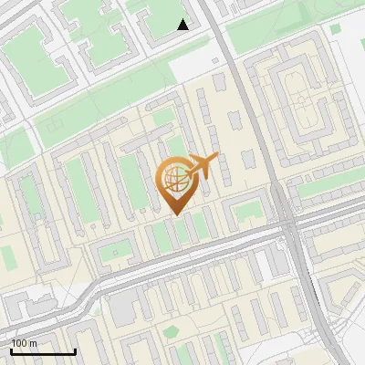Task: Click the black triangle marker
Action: tap(183, 25)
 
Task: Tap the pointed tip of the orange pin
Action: tap(173, 214)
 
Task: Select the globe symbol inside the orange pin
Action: tap(173, 181)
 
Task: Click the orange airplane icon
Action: tap(202, 166)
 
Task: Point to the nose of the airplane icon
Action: tap(215, 160)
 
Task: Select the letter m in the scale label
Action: tap(33, 343)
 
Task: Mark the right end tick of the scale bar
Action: tap(75, 351)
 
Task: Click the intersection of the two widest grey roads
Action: tap(287, 220)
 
